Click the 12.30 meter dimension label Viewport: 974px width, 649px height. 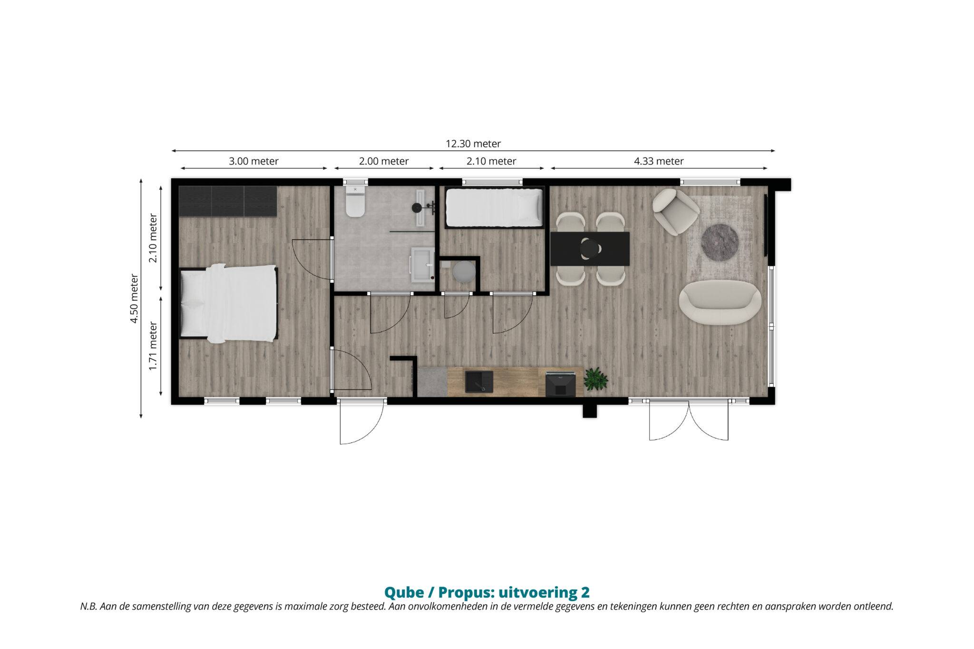pyautogui.click(x=473, y=144)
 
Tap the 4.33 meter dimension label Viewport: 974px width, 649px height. pyautogui.click(x=659, y=161)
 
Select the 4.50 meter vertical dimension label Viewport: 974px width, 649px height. pyautogui.click(x=134, y=299)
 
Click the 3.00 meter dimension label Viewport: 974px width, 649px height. pyautogui.click(x=253, y=161)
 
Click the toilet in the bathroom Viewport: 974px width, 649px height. pyautogui.click(x=355, y=202)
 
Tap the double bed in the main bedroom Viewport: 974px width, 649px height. pyautogui.click(x=228, y=303)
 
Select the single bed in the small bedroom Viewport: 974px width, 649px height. pyautogui.click(x=494, y=208)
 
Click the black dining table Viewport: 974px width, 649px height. pyautogui.click(x=590, y=249)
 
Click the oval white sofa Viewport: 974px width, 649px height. pyautogui.click(x=720, y=302)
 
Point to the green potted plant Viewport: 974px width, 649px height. pyautogui.click(x=596, y=379)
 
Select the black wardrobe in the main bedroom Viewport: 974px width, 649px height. pyautogui.click(x=227, y=201)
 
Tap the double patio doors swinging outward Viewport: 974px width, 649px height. pyautogui.click(x=689, y=420)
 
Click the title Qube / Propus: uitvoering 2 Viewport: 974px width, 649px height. pyautogui.click(x=487, y=592)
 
